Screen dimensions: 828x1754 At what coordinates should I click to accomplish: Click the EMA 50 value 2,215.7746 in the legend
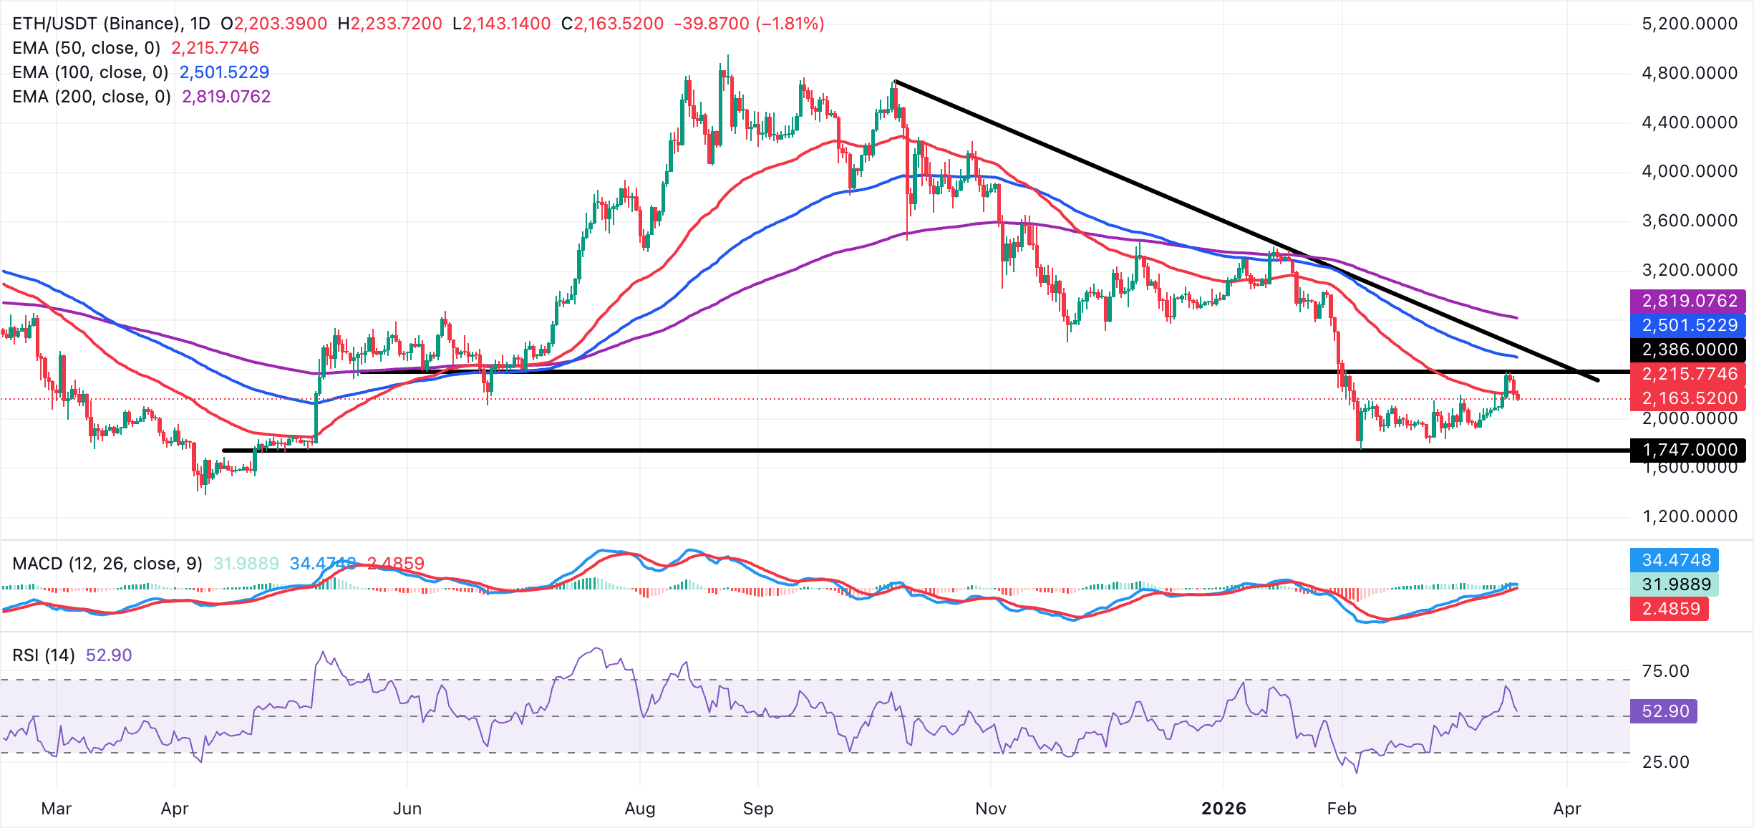point(215,48)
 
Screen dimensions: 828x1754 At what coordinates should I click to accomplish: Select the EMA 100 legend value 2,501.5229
point(224,72)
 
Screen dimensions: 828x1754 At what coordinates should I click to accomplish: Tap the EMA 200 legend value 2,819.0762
point(226,97)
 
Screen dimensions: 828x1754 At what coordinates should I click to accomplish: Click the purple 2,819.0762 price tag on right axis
point(1689,301)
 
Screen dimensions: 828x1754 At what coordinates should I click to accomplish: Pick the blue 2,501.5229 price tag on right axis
point(1689,325)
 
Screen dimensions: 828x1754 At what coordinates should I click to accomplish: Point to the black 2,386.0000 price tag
point(1689,350)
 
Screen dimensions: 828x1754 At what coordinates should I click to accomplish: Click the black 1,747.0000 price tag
point(1689,450)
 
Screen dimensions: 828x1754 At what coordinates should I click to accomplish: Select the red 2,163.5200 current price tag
point(1689,398)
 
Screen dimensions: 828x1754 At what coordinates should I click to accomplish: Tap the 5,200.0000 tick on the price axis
point(1689,24)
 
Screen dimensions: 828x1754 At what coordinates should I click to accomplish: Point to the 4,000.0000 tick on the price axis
point(1689,171)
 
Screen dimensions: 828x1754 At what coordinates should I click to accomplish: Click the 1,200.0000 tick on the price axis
point(1689,516)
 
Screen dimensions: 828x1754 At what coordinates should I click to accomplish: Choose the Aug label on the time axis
point(639,809)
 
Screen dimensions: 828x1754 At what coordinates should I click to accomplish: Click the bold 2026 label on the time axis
point(1224,809)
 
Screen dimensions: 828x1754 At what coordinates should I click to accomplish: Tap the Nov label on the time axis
point(990,809)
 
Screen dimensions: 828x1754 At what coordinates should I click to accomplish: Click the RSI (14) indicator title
point(44,655)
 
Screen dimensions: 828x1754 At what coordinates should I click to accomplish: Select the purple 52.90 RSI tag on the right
point(1665,711)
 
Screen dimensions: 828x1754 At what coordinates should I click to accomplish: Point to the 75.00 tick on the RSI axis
point(1665,671)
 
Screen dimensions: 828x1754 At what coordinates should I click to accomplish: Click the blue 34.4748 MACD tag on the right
point(1676,560)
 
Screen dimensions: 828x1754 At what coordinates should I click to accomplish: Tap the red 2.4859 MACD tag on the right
point(1670,609)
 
